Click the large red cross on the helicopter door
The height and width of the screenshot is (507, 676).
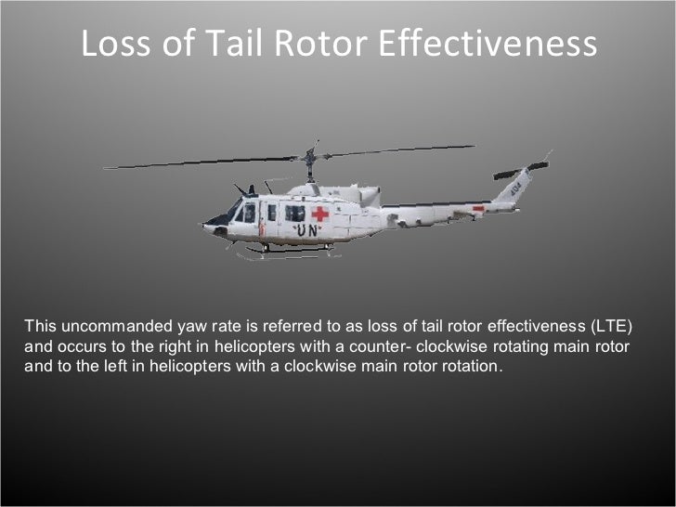(x=320, y=214)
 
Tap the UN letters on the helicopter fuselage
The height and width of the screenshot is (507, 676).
(x=307, y=231)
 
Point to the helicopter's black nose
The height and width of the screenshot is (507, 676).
(x=215, y=223)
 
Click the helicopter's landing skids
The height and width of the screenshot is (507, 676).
(x=279, y=251)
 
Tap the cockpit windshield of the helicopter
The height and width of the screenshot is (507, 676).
(x=245, y=213)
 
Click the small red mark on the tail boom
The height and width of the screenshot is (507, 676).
(x=478, y=210)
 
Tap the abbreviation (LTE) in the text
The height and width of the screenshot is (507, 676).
(x=611, y=326)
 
